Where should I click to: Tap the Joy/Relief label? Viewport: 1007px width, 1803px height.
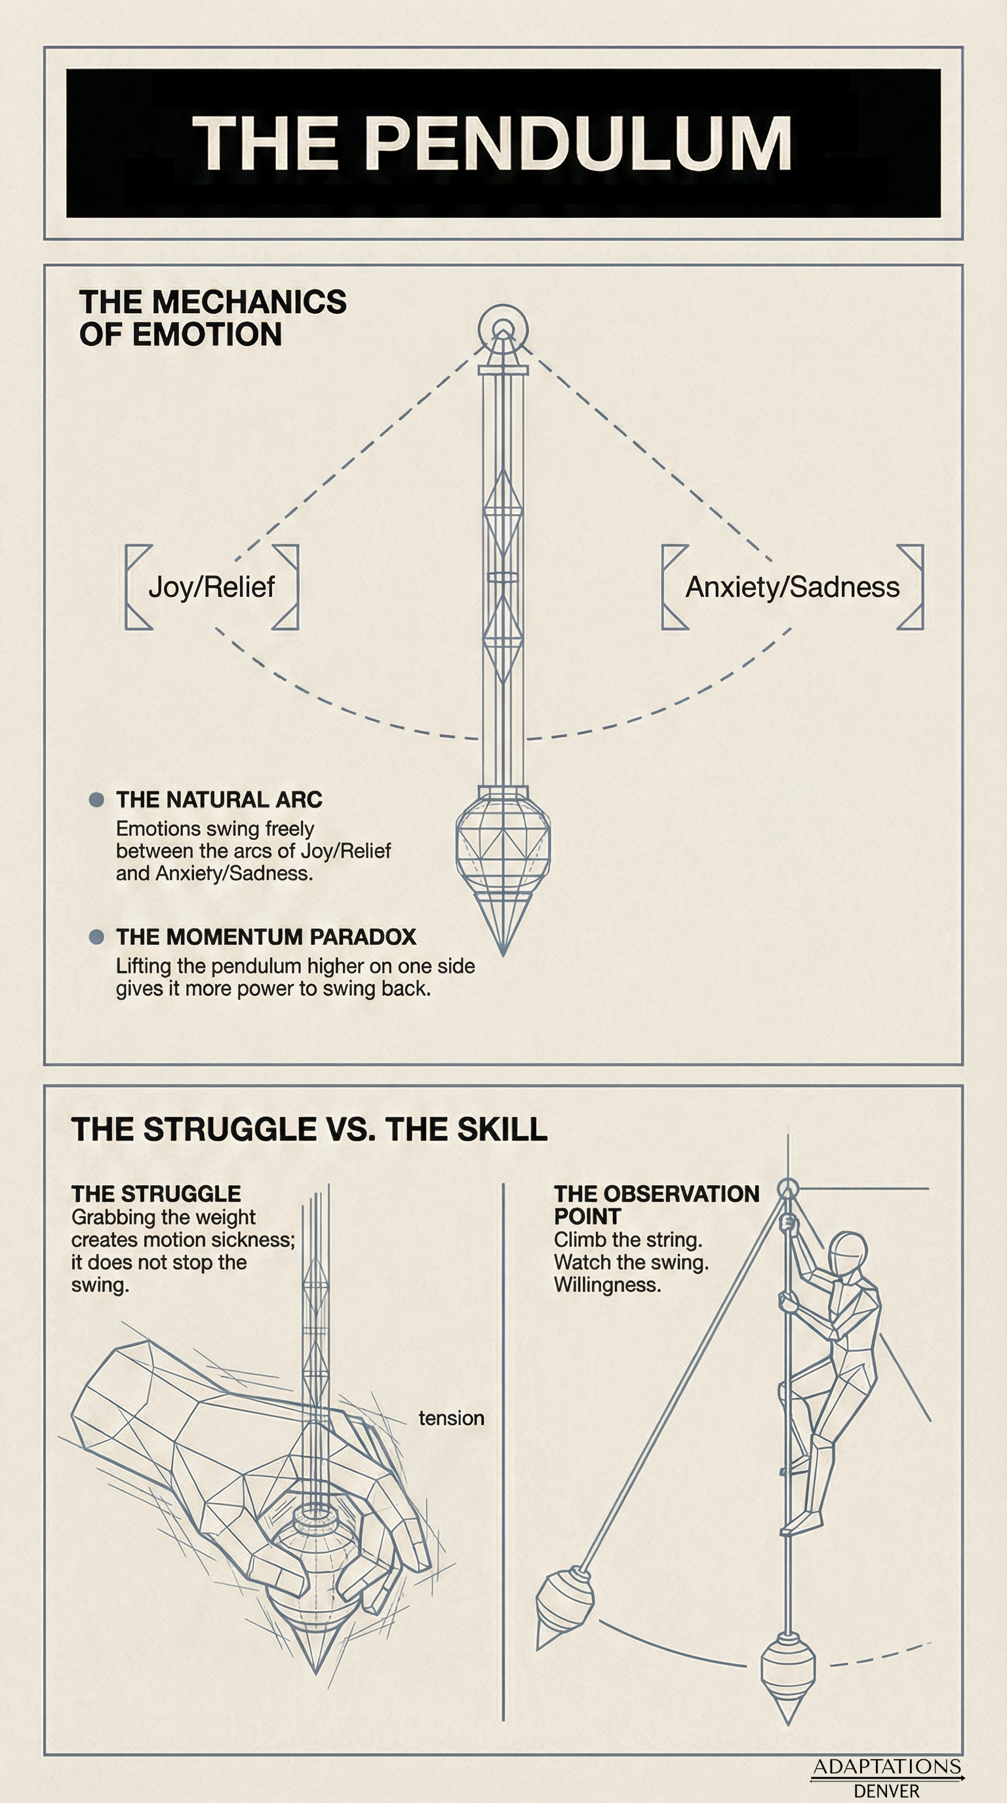(212, 586)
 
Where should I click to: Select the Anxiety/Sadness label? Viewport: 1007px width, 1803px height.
(792, 586)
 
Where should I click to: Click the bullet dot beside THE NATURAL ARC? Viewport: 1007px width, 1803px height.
(96, 799)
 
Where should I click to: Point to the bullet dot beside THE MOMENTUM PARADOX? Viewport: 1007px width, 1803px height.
(96, 936)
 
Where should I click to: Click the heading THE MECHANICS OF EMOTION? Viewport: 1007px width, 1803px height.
(212, 318)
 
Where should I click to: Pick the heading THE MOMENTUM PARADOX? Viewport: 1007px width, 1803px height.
(266, 936)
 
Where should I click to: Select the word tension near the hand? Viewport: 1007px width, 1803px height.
(451, 1417)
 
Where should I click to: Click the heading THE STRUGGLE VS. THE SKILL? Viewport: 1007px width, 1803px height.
(309, 1129)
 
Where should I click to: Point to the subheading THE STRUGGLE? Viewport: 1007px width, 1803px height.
(156, 1193)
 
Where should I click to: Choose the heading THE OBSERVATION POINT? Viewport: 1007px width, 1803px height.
(656, 1204)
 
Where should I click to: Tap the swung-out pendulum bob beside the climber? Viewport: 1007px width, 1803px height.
(564, 1603)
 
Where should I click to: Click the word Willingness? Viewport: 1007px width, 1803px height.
(607, 1285)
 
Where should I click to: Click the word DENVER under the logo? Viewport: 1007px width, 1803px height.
(886, 1791)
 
